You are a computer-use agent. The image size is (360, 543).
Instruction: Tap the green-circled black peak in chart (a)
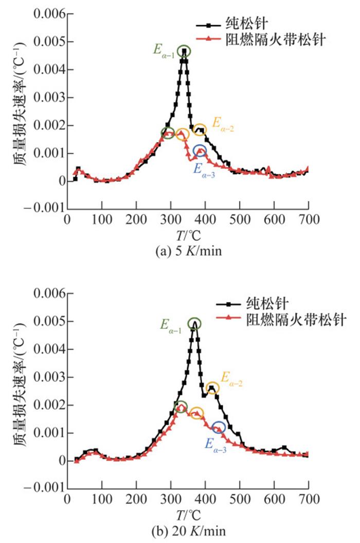point(184,51)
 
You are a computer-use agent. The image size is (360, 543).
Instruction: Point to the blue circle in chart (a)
point(200,151)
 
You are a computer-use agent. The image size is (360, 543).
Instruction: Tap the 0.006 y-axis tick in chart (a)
point(48,14)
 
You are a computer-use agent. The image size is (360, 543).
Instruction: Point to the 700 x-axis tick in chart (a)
point(308,219)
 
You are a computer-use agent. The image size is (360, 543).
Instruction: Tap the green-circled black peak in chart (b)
point(194,323)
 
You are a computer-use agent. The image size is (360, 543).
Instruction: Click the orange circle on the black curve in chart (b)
point(212,388)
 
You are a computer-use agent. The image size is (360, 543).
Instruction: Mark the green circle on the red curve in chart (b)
point(181,407)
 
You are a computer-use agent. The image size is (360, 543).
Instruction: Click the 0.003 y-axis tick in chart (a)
point(48,98)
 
